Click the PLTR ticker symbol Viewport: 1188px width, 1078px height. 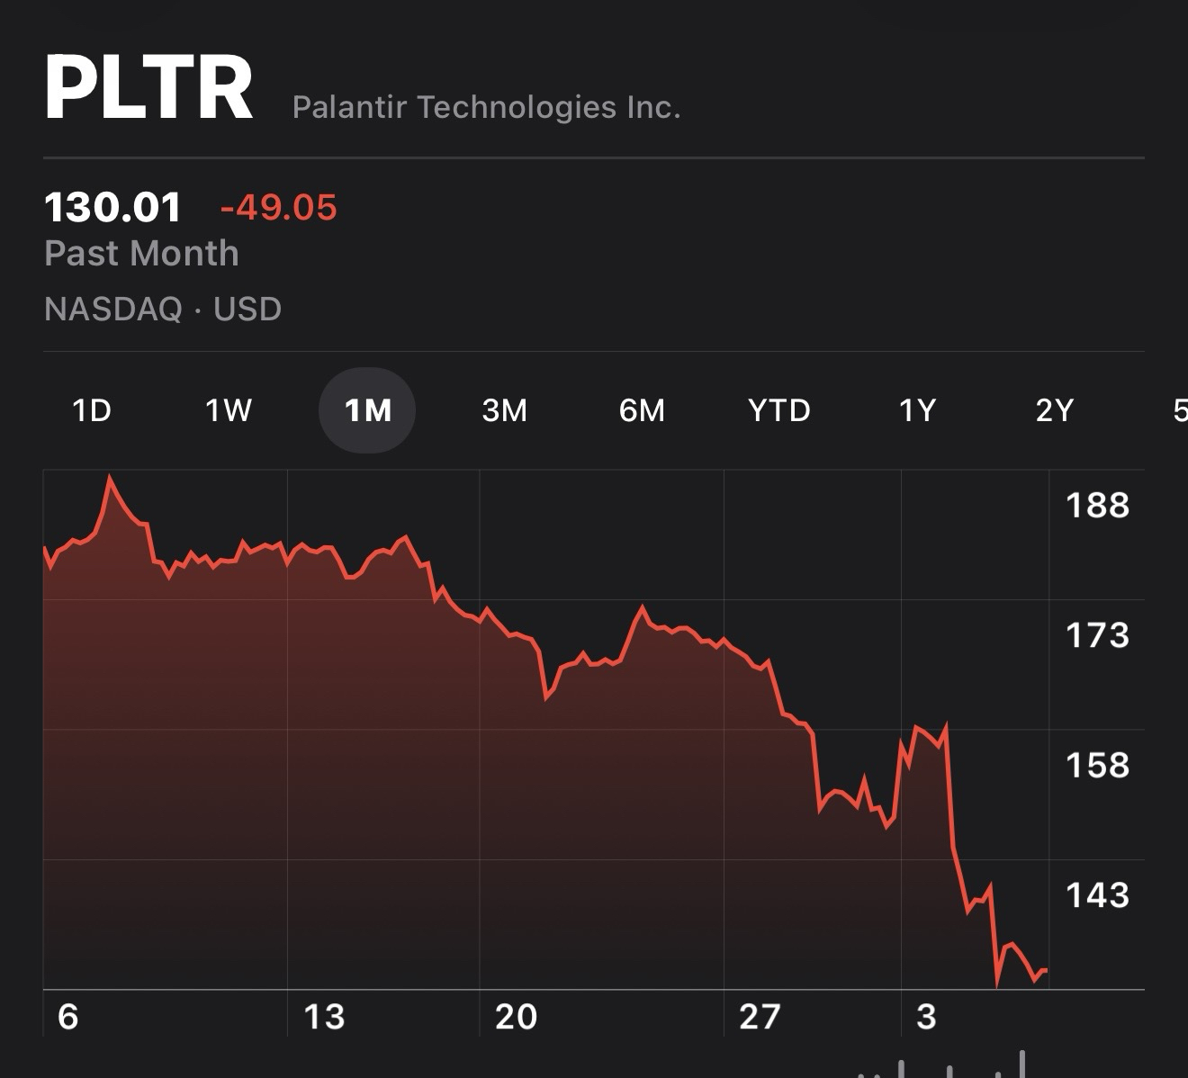148,88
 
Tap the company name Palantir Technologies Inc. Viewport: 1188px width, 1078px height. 486,107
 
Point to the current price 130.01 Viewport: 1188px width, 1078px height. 112,208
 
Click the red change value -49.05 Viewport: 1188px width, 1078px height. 278,208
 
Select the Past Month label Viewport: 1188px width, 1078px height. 141,254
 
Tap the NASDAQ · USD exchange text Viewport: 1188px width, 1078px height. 163,310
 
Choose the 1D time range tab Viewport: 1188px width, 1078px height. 91,410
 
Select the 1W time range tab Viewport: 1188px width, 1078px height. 229,410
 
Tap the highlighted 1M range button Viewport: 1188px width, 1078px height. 367,410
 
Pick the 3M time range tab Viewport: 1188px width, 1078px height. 504,410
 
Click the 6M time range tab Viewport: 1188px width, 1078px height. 642,410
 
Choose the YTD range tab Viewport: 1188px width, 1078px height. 779,410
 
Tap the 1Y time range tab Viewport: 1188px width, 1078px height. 917,410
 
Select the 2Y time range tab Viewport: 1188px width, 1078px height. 1055,410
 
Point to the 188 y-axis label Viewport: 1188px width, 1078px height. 1097,506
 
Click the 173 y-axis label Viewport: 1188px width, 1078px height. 1097,636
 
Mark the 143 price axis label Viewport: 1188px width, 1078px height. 1097,895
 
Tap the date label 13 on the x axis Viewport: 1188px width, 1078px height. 324,1017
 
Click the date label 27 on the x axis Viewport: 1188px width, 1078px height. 759,1017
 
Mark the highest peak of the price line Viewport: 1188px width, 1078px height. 110,477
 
